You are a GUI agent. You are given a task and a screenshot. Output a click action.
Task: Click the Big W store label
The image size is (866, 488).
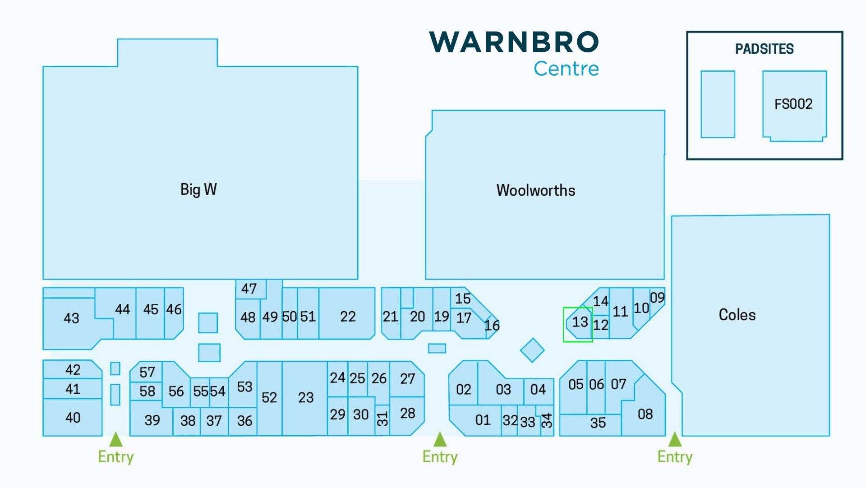click(x=198, y=189)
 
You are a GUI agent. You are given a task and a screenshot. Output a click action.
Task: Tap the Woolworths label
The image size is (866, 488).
click(x=536, y=190)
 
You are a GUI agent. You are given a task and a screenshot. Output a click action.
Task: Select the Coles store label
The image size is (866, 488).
click(x=737, y=315)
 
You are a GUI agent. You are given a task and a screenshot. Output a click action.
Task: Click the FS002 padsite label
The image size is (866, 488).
click(x=793, y=104)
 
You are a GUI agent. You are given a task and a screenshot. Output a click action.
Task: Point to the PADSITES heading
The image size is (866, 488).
click(x=765, y=49)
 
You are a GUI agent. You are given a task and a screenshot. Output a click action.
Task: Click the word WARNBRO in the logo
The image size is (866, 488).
click(x=514, y=41)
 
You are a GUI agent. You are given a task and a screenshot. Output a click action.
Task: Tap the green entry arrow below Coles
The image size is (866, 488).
click(x=675, y=439)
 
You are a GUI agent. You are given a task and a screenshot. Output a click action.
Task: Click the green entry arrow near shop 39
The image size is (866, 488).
click(x=116, y=439)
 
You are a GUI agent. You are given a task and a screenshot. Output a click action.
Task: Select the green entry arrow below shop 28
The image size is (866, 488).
click(x=440, y=439)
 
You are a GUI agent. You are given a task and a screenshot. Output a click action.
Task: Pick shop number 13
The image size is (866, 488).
click(x=580, y=322)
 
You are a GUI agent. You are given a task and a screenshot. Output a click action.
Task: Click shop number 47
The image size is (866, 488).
click(x=249, y=289)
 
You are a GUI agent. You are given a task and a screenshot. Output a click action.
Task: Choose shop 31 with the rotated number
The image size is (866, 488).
click(x=382, y=419)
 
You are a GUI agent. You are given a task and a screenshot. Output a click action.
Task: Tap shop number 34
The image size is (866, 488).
click(x=547, y=420)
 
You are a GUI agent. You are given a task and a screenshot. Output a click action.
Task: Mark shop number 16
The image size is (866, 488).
click(x=492, y=326)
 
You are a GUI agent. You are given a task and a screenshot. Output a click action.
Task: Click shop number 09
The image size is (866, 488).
click(x=657, y=298)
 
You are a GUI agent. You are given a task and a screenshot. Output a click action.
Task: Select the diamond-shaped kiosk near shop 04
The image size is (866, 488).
click(x=532, y=350)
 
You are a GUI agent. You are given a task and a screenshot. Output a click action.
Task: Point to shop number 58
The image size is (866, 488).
click(x=147, y=391)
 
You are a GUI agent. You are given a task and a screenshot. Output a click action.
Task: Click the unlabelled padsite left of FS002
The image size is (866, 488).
click(x=718, y=104)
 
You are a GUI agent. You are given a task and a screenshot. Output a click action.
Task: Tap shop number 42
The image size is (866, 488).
click(x=73, y=370)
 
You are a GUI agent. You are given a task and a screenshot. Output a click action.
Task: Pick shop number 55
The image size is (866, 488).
click(x=200, y=391)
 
